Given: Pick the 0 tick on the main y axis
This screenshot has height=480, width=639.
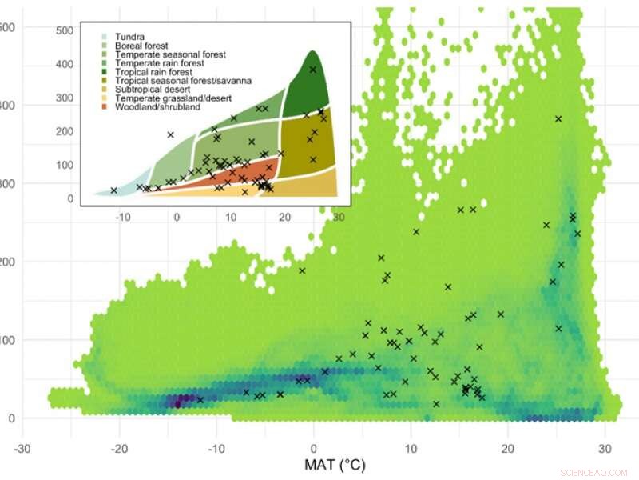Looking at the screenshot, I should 11,418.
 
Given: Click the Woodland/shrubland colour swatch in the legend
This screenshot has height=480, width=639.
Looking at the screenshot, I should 104,107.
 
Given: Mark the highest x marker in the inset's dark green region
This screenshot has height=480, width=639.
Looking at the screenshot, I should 313,70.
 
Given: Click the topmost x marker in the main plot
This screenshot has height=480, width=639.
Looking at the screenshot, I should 558,118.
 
